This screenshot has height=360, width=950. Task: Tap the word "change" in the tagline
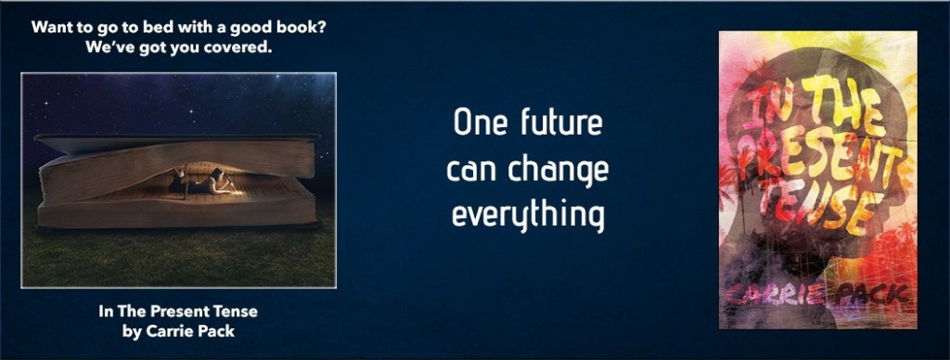[558, 171]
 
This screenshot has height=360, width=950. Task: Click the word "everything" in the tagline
[528, 217]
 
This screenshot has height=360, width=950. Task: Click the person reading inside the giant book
[201, 182]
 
